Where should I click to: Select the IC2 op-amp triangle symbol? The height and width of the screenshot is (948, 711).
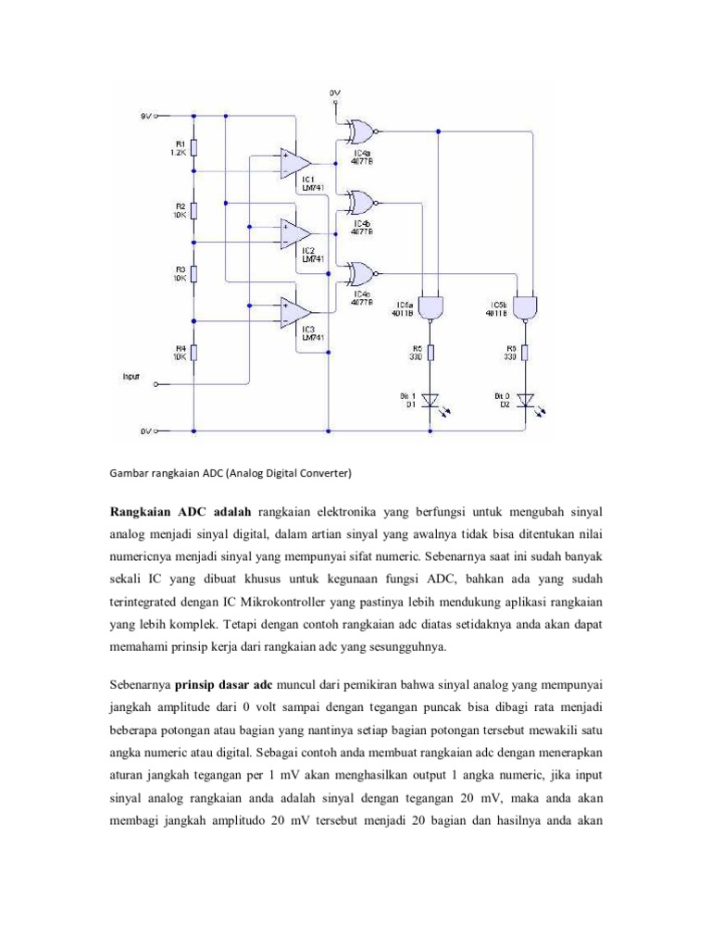295,235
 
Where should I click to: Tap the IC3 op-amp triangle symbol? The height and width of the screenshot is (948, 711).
295,314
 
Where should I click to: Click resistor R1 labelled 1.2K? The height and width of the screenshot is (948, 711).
194,148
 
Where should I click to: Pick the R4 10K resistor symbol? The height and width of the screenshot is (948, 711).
194,352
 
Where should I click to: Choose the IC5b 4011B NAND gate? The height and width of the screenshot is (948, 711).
526,306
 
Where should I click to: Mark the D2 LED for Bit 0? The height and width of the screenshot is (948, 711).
526,401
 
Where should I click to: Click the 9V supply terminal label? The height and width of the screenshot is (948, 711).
145,117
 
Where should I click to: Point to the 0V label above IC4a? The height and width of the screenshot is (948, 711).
334,93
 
